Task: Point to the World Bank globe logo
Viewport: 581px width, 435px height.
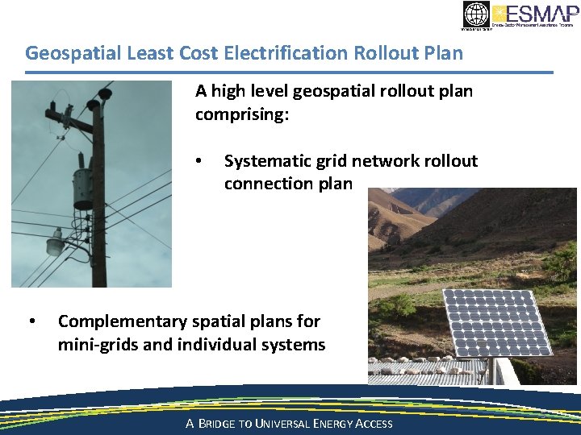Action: point(476,14)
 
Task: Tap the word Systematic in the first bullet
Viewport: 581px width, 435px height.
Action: point(270,161)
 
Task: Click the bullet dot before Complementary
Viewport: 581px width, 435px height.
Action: point(31,321)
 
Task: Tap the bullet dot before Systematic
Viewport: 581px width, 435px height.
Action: point(199,161)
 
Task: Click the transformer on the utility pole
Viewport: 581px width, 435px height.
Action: point(82,190)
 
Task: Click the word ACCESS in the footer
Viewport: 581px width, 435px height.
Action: point(374,424)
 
